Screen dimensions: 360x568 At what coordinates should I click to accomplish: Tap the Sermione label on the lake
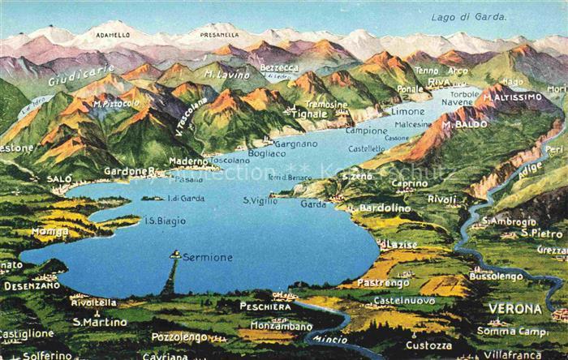pos(207,257)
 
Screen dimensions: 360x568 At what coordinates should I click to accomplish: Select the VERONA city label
pos(514,309)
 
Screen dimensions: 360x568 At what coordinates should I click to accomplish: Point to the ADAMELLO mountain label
pos(113,35)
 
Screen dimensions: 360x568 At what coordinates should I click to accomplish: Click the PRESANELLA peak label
pos(212,35)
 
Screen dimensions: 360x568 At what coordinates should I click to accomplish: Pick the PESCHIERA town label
pos(265,306)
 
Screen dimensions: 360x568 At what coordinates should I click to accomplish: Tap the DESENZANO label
pos(32,285)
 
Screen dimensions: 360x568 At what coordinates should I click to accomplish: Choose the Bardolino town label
pos(385,208)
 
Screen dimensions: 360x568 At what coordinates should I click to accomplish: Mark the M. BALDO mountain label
pos(465,125)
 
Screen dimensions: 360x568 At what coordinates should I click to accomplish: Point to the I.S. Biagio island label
pos(166,221)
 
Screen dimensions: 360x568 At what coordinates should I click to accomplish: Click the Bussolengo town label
pos(497,276)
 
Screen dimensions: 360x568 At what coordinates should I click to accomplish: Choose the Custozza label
pos(428,345)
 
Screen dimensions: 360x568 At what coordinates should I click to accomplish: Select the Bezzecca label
pos(279,67)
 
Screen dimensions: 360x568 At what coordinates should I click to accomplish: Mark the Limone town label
pos(407,111)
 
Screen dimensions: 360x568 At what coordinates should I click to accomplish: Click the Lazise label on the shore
pos(402,244)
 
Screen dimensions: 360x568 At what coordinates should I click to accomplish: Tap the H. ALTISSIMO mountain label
pos(512,97)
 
